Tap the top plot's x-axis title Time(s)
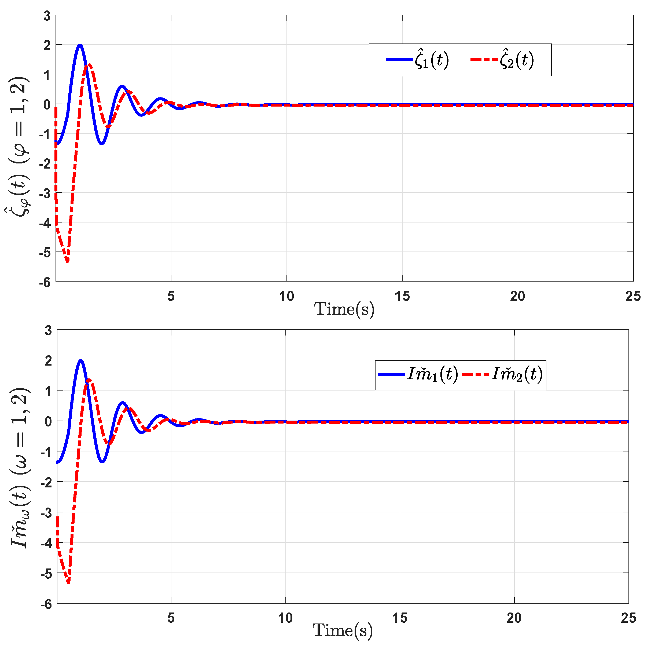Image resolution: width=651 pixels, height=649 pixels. [x=344, y=309]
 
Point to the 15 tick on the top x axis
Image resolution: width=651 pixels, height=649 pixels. [x=402, y=296]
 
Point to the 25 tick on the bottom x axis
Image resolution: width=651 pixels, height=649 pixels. [x=628, y=618]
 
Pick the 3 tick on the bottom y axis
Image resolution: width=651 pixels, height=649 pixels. [x=48, y=331]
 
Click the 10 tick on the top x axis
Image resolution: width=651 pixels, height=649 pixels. [x=286, y=296]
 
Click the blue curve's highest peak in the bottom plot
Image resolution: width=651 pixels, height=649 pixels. [x=80, y=360]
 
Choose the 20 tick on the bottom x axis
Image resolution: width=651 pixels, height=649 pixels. [x=514, y=618]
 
